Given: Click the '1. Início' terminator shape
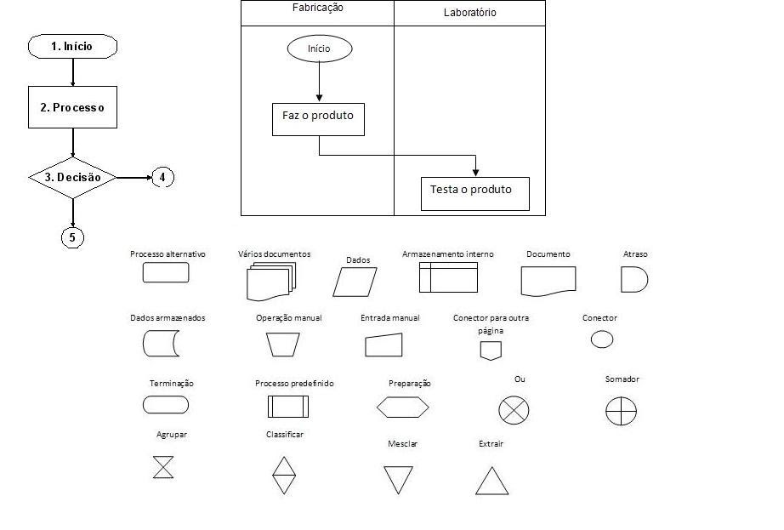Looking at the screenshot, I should [x=72, y=46].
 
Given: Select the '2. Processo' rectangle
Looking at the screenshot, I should [x=72, y=107].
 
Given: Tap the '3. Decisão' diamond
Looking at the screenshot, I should [x=72, y=178].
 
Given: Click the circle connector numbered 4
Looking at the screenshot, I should [x=162, y=178].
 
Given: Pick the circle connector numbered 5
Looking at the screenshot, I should [x=72, y=237].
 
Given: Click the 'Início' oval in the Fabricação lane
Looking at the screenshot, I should [x=319, y=48].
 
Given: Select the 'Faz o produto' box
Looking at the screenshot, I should [x=318, y=118].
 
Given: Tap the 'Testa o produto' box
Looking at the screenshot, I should [x=474, y=193].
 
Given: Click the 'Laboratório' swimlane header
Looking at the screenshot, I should [x=469, y=13].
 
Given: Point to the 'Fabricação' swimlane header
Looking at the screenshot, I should [x=317, y=9].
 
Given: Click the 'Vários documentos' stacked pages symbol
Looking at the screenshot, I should [x=270, y=281].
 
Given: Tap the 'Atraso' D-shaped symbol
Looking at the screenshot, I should [x=634, y=280].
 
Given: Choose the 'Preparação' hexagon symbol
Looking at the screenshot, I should [x=403, y=408].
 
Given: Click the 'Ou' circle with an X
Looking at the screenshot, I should [x=514, y=409].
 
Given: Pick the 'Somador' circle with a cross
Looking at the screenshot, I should [x=621, y=411].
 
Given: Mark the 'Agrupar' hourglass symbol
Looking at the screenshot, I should [x=162, y=467].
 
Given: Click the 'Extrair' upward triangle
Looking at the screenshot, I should [x=491, y=481].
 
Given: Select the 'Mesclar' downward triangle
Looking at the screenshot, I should [x=398, y=479].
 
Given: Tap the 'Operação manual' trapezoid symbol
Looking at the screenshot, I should [x=282, y=344].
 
